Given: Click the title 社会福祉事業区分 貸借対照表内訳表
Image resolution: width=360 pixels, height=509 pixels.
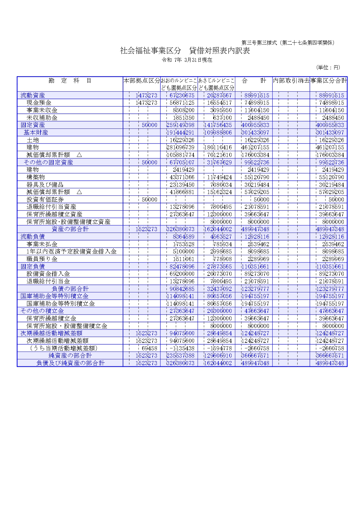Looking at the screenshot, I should point(185,51).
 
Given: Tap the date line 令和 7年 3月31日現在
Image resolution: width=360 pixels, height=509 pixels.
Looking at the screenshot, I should point(187,60).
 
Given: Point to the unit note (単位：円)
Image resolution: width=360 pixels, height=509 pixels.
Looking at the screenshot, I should point(328,67).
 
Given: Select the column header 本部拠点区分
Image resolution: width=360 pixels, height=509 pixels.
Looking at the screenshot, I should point(142,81).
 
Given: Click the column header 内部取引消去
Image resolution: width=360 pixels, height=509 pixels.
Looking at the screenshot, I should point(291,81).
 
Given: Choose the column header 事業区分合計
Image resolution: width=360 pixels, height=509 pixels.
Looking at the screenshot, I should point(328,81).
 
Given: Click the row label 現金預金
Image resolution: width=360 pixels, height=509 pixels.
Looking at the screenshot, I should point(39,103).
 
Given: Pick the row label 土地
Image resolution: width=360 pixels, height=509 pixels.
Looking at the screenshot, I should point(33,140).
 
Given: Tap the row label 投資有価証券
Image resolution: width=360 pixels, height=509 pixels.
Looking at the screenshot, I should point(45,200).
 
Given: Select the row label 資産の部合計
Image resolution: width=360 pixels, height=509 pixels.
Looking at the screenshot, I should point(70,229).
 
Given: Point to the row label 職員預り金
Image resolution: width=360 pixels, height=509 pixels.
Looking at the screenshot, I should point(42,259).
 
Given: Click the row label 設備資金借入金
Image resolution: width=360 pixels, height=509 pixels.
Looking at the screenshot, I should point(48,274).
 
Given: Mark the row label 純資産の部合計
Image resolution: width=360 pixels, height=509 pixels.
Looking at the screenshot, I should point(70,356).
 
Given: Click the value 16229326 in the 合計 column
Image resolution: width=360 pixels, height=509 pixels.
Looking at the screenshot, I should point(257,140).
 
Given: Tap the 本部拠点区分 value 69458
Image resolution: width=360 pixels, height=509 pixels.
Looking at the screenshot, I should point(149,348).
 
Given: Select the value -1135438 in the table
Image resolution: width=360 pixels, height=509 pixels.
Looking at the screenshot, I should point(181,348).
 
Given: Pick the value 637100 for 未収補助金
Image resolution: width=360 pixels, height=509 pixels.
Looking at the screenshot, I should point(222,118).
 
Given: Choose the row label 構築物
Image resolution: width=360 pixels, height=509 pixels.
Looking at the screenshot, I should point(36,177).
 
